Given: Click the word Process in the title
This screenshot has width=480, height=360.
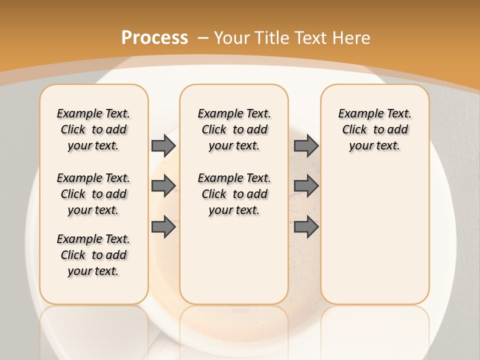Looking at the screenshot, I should [154, 37].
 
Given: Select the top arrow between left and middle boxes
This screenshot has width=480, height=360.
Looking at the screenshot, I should [163, 145].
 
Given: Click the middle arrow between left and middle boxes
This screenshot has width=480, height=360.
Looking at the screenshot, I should [163, 186].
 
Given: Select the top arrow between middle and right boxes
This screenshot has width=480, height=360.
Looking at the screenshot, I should [306, 145].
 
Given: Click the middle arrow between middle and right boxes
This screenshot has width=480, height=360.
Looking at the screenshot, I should [306, 186].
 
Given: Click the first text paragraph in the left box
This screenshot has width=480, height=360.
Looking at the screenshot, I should [93, 129].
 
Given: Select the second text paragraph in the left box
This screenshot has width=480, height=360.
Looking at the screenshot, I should [93, 194].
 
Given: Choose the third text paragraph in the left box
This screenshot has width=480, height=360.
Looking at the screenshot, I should [93, 255].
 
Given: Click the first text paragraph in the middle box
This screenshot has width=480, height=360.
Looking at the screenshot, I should [234, 129].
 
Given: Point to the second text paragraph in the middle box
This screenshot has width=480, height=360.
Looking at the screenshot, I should [234, 194].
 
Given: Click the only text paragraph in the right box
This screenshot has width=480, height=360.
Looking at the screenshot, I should [374, 129].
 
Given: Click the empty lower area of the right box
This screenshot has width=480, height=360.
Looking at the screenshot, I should [374, 235].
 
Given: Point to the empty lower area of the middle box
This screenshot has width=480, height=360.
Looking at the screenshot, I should [234, 265].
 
